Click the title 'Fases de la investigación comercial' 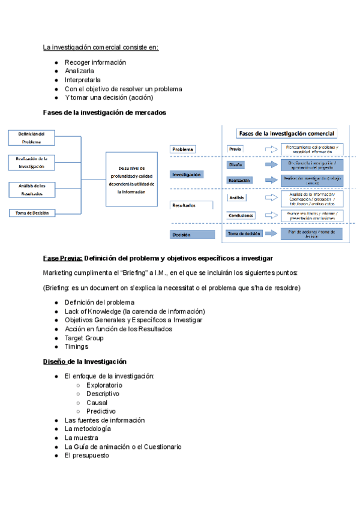pyautogui.click(x=286, y=133)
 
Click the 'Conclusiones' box pyautogui.click(x=241, y=215)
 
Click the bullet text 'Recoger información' pyautogui.click(x=95, y=62)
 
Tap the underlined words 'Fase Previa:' pyautogui.click(x=62, y=258)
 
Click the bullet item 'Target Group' pyautogui.click(x=84, y=338)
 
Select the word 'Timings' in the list pyautogui.click(x=76, y=346)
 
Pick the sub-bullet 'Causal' pyautogui.click(x=97, y=403)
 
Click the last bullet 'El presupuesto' pyautogui.click(x=87, y=456)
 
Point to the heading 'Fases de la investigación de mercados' pyautogui.click(x=104, y=112)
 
